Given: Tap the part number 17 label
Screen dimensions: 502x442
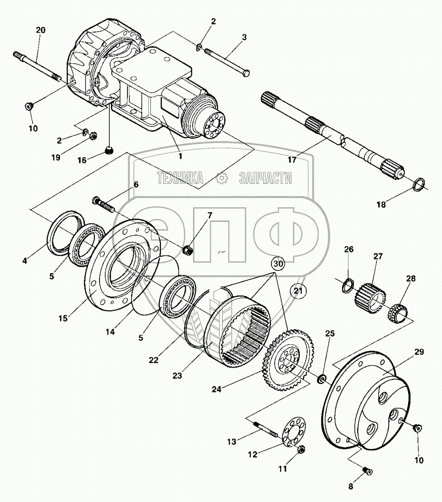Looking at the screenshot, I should pyautogui.click(x=292, y=160).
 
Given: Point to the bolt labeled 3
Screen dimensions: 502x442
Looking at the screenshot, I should pyautogui.click(x=227, y=60).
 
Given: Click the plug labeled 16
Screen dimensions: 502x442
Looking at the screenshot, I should pyautogui.click(x=109, y=150).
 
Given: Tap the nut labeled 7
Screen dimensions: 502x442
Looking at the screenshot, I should pyautogui.click(x=187, y=250).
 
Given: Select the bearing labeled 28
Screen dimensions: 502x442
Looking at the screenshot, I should pyautogui.click(x=397, y=314).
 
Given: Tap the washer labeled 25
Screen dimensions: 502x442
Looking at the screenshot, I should pyautogui.click(x=322, y=379).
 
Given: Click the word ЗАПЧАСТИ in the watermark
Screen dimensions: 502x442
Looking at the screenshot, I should pyautogui.click(x=265, y=178).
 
